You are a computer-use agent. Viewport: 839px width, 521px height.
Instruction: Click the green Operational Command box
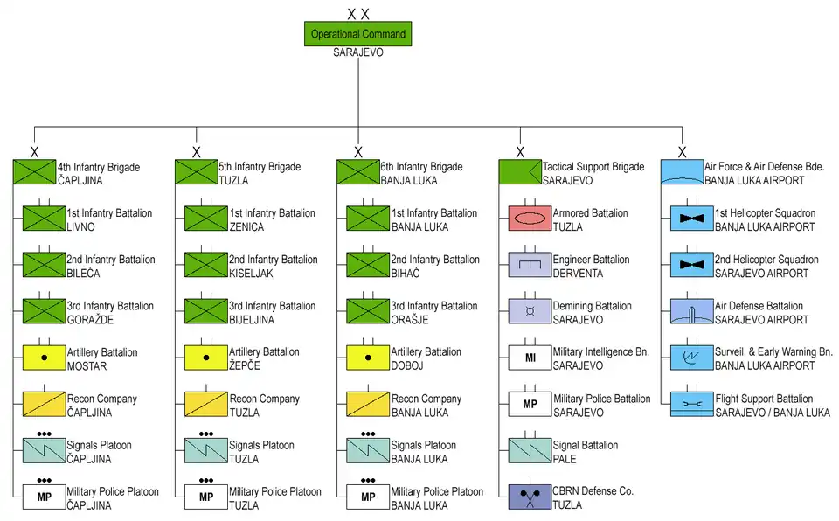coord(358,34)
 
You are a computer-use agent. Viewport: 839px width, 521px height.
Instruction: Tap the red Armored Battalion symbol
coord(530,219)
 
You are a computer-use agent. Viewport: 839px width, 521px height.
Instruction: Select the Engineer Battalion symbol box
coord(530,265)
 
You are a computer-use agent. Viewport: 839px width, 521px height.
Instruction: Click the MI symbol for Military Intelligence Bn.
coord(530,358)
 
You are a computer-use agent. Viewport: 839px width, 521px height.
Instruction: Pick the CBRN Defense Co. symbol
coord(530,497)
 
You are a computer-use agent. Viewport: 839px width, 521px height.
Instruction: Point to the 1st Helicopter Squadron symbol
coord(691,219)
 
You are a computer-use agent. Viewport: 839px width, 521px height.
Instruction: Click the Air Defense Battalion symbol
coord(691,311)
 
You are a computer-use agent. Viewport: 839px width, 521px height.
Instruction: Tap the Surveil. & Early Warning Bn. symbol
coord(691,358)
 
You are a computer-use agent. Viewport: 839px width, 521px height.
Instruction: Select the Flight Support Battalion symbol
coord(691,404)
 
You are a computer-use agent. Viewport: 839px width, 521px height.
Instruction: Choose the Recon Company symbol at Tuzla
coord(206,404)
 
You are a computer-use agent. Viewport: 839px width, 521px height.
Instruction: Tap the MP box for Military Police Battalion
coord(530,404)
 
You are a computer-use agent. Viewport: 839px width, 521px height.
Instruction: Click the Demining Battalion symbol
coord(530,311)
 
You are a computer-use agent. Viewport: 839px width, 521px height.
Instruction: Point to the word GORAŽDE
coord(91,320)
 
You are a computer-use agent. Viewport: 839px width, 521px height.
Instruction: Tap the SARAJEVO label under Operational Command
coord(358,52)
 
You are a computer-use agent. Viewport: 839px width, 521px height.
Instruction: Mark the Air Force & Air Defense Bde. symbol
coord(682,171)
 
